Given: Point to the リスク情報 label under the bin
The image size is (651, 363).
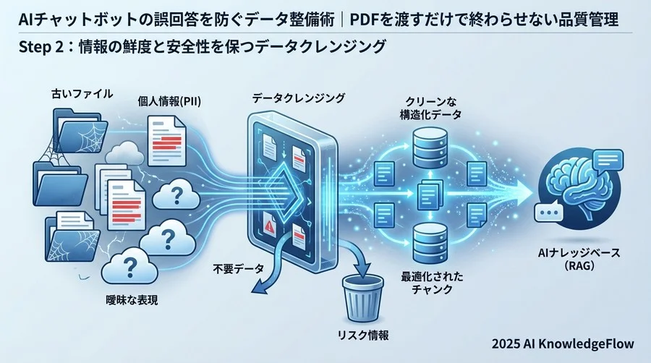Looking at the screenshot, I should point(364,336).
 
